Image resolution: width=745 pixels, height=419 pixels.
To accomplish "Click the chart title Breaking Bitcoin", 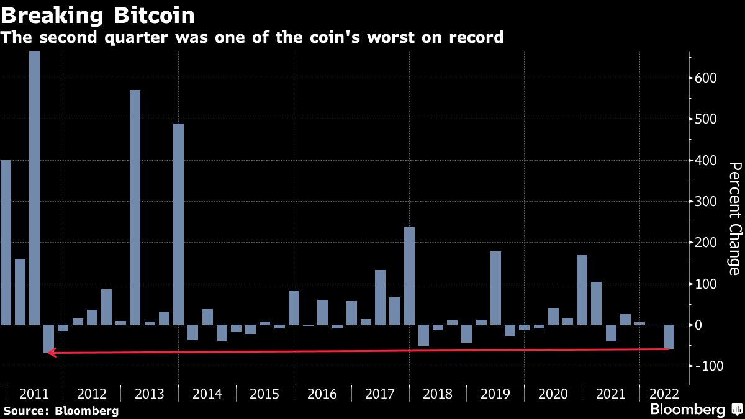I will pyautogui.click(x=97, y=15).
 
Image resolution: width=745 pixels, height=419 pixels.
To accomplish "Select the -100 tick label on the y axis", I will pyautogui.click(x=708, y=366).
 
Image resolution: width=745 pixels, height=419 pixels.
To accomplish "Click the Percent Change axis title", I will pyautogui.click(x=734, y=218).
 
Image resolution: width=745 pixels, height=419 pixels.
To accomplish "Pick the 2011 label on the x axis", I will pyautogui.click(x=34, y=394).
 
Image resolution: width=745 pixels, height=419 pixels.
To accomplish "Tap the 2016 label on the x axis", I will pyautogui.click(x=322, y=394).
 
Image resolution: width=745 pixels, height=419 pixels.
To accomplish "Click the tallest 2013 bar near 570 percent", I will pyautogui.click(x=135, y=207).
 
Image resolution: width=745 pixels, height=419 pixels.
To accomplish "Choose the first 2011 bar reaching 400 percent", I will pyautogui.click(x=6, y=242).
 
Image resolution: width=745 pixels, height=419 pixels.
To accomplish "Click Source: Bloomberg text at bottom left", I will pyautogui.click(x=60, y=410).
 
